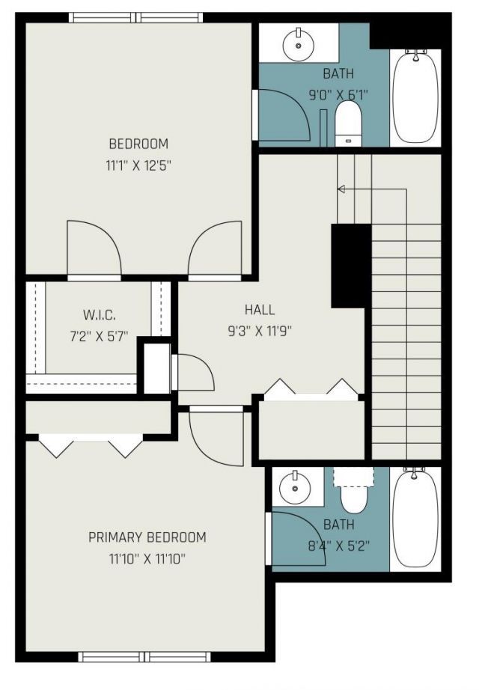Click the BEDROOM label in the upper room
pos(138,144)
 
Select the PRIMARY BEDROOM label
pos(147,537)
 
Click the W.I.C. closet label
pos(99,315)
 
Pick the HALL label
pos(260,310)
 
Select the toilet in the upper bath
pos(347,123)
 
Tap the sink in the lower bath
pos(293,489)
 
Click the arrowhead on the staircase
pos(341,189)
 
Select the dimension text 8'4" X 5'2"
pos(338,546)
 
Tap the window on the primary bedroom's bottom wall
pos(147,658)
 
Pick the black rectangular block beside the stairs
pos(350,266)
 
